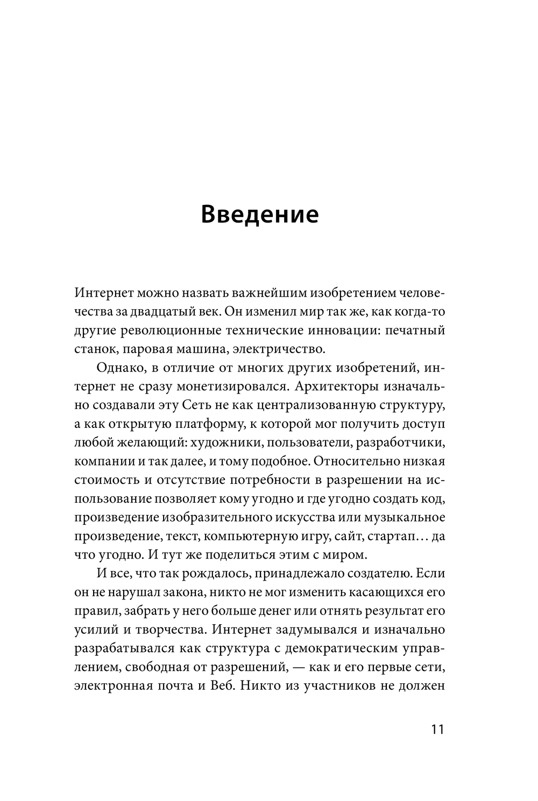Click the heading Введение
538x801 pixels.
[x=260, y=214]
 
